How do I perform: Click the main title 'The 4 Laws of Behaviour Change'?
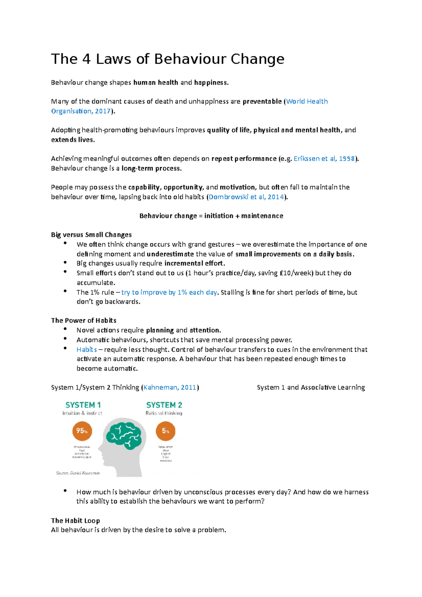(167, 59)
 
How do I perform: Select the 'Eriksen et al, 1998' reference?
(324, 159)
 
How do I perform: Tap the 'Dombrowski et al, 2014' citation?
(246, 197)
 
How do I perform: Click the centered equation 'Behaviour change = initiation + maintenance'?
(211, 216)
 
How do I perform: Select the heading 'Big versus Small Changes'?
(91, 235)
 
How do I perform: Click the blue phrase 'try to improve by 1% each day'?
(169, 293)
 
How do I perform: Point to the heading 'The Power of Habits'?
(83, 321)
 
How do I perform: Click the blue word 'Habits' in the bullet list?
(87, 350)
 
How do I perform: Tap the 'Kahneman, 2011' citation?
(170, 387)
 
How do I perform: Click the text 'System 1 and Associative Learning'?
(311, 387)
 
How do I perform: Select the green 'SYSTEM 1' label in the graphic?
(83, 405)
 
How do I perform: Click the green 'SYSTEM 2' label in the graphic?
(164, 405)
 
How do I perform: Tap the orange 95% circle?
(82, 431)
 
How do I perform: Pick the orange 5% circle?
(165, 431)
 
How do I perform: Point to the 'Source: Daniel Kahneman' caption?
(78, 473)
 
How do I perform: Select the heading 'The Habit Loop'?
(75, 521)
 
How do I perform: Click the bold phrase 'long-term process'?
(151, 168)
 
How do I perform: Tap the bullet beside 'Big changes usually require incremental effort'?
(65, 263)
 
